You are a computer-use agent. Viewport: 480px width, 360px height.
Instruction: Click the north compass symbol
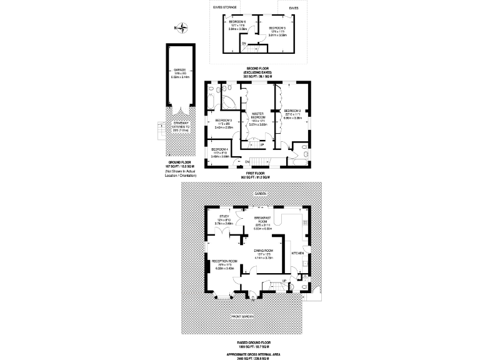click(x=181, y=26)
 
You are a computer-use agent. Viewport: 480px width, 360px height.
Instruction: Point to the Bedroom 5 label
click(x=277, y=28)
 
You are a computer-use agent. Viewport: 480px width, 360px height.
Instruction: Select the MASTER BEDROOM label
click(x=258, y=116)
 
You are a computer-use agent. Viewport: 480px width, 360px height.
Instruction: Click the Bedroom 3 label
click(x=224, y=120)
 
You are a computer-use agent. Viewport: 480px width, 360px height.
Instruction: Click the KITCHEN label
click(x=297, y=253)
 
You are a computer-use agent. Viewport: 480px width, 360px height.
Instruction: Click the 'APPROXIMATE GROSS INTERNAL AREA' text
click(x=259, y=353)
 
